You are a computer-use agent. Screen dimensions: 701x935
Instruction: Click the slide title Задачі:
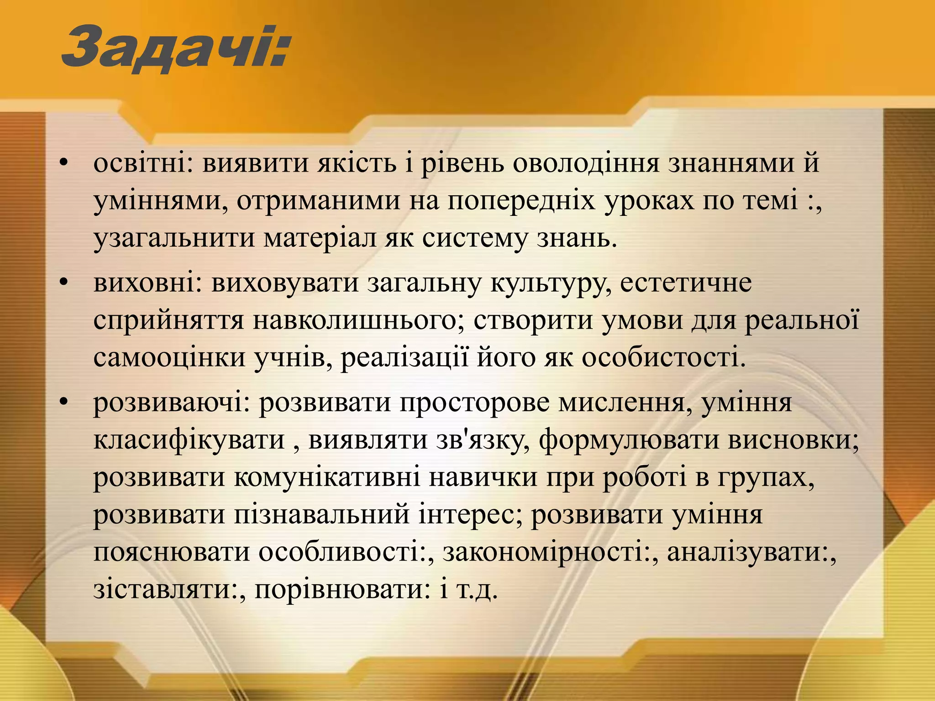point(176,49)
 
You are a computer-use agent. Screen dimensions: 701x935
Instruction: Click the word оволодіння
point(586,163)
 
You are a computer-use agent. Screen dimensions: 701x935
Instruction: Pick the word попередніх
point(521,201)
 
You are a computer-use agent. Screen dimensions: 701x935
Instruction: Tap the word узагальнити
point(174,238)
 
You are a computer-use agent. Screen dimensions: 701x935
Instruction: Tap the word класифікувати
point(189,440)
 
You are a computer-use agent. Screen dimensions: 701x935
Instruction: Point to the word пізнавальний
point(322,515)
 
